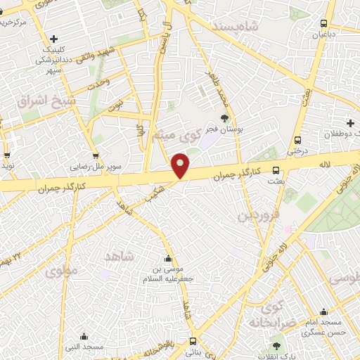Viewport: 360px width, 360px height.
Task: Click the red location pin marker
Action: pos(181,165)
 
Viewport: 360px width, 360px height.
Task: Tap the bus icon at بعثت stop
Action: pos(276,170)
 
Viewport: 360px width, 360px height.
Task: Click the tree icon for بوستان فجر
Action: pos(225,118)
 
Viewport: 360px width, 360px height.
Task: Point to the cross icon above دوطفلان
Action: pos(350,124)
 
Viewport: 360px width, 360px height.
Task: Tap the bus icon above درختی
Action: pos(299,139)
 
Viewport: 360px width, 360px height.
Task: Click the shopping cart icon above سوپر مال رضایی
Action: pos(96,156)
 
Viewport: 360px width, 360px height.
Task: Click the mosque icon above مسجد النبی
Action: pos(84,336)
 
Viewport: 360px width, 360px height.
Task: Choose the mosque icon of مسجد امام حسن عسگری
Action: pos(323,312)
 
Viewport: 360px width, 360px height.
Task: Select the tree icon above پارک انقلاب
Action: pos(276,345)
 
